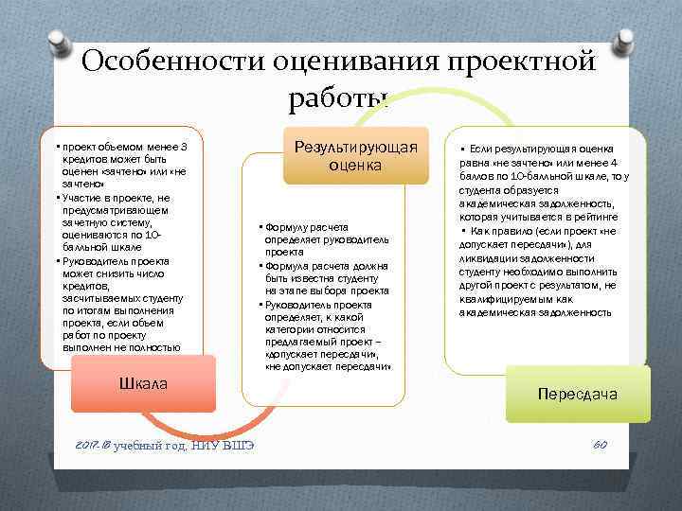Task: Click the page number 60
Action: (599, 446)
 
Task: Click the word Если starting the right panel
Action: (480, 149)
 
